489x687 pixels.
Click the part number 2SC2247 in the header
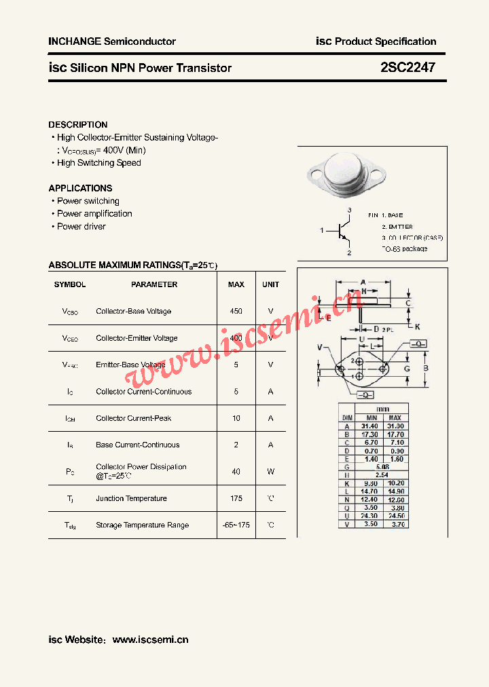coord(407,68)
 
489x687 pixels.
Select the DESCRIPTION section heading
coord(78,125)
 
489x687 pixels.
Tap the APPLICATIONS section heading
coord(80,188)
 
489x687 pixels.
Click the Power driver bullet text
coord(81,227)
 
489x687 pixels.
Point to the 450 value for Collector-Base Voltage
coord(236,311)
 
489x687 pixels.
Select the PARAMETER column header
coord(154,284)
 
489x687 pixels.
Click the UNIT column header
coord(270,284)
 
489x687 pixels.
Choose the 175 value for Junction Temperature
coord(236,498)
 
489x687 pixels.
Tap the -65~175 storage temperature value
coord(236,525)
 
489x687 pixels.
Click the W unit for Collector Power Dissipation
coord(270,471)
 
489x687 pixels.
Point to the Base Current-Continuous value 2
coord(236,445)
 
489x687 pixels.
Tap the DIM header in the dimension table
coord(347,417)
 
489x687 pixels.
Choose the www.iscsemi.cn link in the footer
coord(150,639)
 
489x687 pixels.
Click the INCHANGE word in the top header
coord(75,41)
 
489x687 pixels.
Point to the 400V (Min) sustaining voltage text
coord(122,150)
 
